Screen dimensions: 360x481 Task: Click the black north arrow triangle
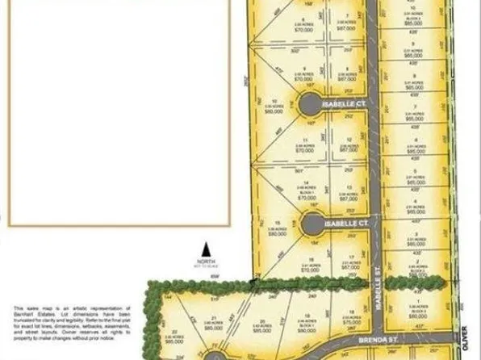tap(205, 251)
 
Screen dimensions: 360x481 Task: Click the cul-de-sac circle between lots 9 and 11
tap(308, 104)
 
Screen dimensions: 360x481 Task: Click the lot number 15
tap(278, 224)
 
